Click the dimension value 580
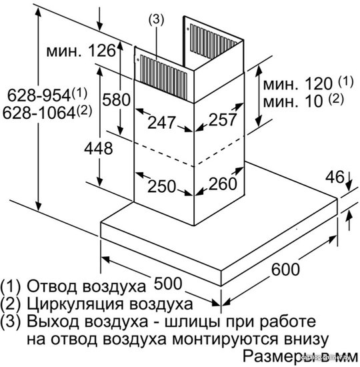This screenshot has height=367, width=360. (116, 99)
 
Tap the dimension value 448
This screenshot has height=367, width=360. (99, 148)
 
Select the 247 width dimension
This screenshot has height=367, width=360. (161, 122)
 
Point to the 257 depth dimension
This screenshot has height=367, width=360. (223, 119)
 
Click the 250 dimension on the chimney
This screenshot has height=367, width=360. (161, 186)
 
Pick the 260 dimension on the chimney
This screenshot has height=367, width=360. (223, 183)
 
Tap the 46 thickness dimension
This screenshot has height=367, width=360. (335, 177)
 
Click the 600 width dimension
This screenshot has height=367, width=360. (285, 270)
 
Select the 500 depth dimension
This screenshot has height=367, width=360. (168, 284)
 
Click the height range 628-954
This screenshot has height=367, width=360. (47, 95)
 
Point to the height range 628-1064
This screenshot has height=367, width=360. (47, 112)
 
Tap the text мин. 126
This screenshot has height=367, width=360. (81, 51)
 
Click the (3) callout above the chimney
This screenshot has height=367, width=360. (157, 19)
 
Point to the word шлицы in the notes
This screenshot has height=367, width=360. (193, 322)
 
